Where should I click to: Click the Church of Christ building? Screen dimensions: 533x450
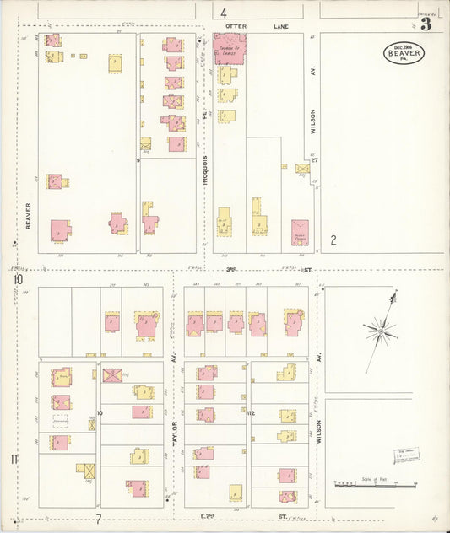229,49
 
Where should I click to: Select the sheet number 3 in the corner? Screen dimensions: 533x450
426,24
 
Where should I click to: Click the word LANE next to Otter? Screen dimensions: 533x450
280,27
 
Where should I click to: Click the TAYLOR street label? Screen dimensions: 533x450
176,434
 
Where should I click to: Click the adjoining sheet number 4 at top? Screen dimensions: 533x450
224,13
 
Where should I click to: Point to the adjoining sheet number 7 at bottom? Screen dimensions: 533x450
98,518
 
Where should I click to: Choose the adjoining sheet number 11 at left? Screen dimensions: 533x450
14,459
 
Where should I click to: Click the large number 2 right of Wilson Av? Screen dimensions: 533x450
333,240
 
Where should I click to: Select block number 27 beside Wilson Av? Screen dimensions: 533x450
314,159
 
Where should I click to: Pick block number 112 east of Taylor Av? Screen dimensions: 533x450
251,413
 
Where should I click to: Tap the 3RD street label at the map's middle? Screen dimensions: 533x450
232,270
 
